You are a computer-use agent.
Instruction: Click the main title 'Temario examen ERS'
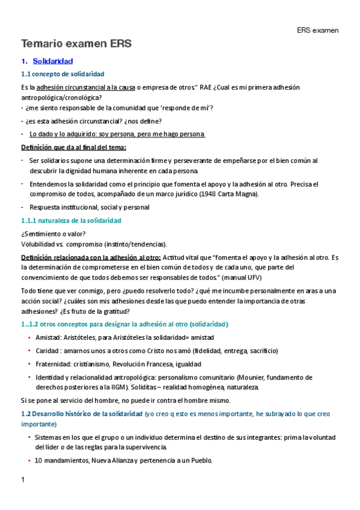pyautogui.click(x=76, y=44)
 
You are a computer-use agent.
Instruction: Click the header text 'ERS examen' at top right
pyautogui.click(x=318, y=29)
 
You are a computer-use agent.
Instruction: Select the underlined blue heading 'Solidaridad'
pyautogui.click(x=53, y=61)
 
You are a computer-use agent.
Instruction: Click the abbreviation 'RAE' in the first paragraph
pyautogui.click(x=207, y=87)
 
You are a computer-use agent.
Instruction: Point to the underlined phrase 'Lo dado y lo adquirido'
pyautogui.click(x=64, y=134)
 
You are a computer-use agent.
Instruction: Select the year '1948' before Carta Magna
pyautogui.click(x=209, y=194)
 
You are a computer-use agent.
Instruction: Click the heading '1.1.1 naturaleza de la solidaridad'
pyautogui.click(x=71, y=221)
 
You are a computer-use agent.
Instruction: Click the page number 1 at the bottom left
pyautogui.click(x=23, y=480)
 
